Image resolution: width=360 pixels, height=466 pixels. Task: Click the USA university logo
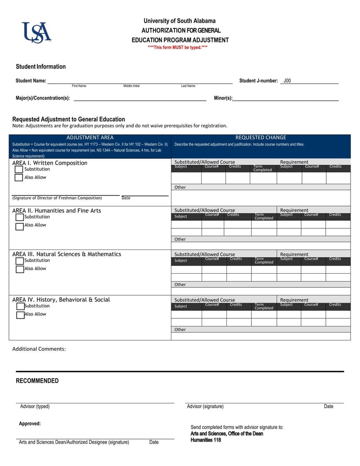36,32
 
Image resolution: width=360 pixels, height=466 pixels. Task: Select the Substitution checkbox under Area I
19,169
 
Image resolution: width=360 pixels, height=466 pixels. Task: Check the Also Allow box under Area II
19,226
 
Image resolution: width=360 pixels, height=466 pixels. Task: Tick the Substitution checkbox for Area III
19,261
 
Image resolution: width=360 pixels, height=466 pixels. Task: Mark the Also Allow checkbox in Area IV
20,315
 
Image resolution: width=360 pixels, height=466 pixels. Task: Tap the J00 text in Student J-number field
287,81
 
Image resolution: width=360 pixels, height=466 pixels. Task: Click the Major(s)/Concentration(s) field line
139,98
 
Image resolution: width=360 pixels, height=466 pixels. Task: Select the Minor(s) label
223,98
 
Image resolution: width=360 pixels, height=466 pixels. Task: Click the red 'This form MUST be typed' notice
178,47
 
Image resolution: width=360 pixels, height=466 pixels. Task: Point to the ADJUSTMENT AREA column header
90,138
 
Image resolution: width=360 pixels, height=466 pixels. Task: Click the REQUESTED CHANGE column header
261,138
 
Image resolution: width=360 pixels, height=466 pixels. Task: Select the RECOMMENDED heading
37,381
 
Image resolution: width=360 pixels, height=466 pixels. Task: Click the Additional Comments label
39,349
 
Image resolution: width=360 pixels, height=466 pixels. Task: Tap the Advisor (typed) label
35,407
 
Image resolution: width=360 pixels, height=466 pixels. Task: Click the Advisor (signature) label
205,407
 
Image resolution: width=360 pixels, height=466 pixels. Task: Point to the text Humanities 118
206,440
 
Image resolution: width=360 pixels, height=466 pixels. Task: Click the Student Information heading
40,67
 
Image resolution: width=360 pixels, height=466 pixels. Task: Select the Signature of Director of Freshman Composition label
57,198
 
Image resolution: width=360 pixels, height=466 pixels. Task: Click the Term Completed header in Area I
262,168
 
